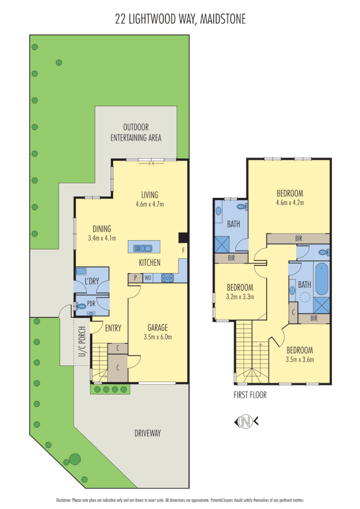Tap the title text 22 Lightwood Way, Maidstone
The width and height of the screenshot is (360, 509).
[x=180, y=20]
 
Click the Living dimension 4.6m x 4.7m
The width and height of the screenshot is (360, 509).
[x=150, y=204]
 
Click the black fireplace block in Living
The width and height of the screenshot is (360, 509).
[x=182, y=238]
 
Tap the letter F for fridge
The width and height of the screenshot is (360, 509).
[x=182, y=249]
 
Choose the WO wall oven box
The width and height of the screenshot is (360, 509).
[x=147, y=278]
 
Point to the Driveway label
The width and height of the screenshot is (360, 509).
[x=148, y=433]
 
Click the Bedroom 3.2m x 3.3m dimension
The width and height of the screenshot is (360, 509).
[x=240, y=296]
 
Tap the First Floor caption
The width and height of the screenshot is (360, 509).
[x=250, y=395]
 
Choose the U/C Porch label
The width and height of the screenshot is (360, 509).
[x=82, y=342]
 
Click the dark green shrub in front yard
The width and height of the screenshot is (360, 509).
[x=74, y=459]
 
